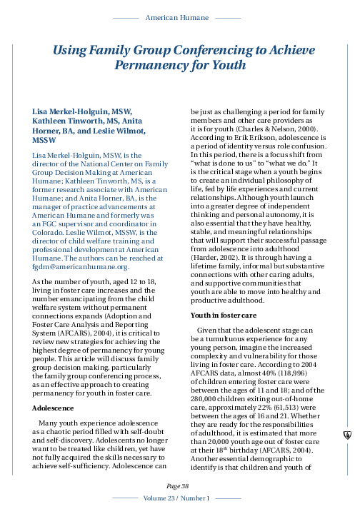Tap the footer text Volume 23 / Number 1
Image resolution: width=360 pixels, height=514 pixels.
[x=180, y=497]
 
